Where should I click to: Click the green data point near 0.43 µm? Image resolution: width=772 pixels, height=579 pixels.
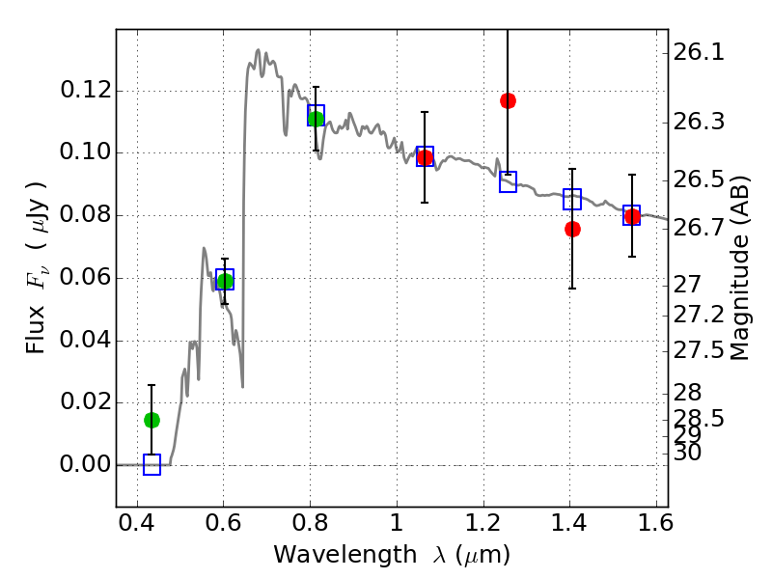[152, 420]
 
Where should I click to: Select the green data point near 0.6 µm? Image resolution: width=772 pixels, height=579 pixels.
[225, 281]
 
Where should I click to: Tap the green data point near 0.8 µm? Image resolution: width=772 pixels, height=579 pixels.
[316, 119]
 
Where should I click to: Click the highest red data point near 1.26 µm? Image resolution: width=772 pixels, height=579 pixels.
[508, 100]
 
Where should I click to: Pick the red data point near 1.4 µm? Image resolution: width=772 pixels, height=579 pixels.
[572, 229]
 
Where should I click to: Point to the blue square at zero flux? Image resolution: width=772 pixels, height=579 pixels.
[152, 465]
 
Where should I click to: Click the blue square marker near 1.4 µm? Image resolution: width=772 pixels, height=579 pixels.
[572, 200]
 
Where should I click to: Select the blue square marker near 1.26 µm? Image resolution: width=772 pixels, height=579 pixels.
[508, 181]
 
